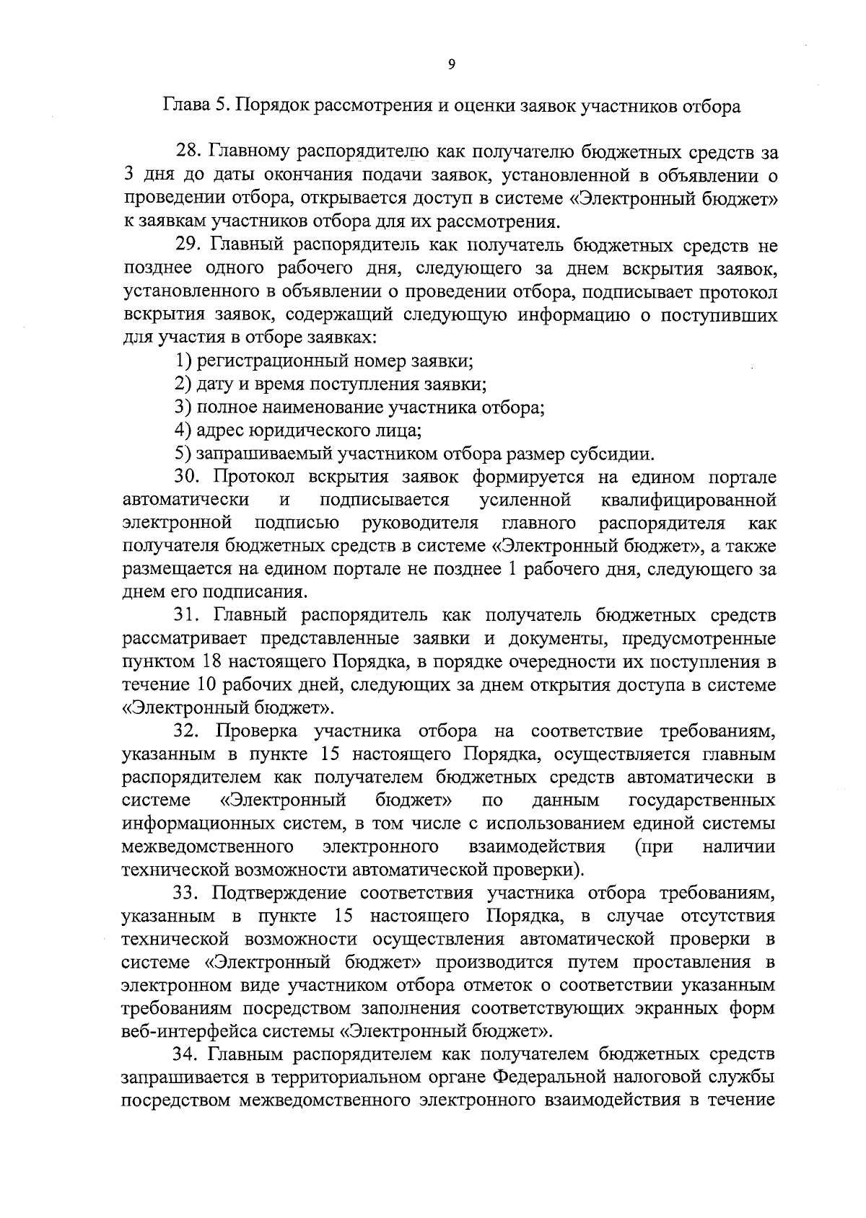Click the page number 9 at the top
coord(451,64)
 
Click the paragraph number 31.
coord(188,616)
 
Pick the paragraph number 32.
coord(188,732)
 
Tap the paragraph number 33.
coord(188,893)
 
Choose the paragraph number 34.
coord(188,1055)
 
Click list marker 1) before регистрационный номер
coord(184,361)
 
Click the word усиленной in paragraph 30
coord(525,500)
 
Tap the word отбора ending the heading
coord(712,107)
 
